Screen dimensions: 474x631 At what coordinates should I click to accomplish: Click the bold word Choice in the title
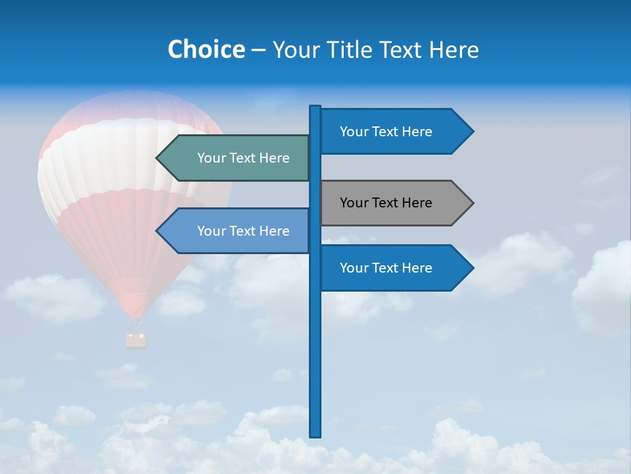pyautogui.click(x=206, y=49)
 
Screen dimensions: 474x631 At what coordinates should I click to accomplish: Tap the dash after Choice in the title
pyautogui.click(x=258, y=50)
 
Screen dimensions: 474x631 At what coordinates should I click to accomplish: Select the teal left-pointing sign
pyautogui.click(x=237, y=158)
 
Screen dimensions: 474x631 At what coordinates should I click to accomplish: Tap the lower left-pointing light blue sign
pyautogui.click(x=237, y=231)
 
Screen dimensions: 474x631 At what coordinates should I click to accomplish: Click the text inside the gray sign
pyautogui.click(x=386, y=203)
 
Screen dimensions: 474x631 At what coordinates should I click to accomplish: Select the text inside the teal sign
pyautogui.click(x=243, y=158)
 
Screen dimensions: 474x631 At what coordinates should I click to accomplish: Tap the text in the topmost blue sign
pyautogui.click(x=386, y=132)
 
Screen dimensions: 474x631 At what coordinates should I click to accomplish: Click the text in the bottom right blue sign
pyautogui.click(x=386, y=268)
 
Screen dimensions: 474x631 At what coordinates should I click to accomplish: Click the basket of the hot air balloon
pyautogui.click(x=136, y=340)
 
